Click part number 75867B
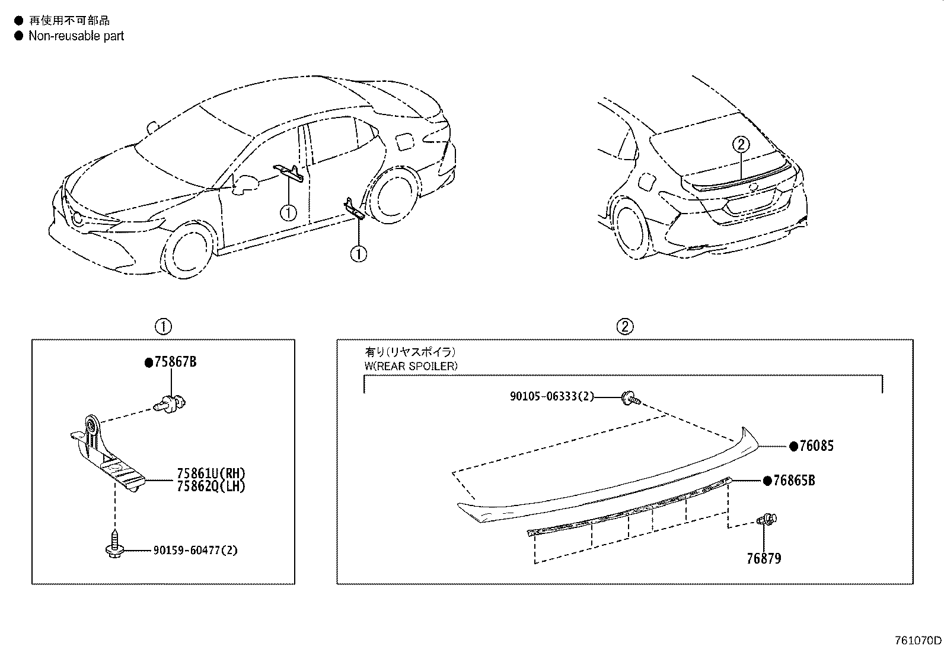(x=176, y=362)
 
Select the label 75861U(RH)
(x=211, y=473)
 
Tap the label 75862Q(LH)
(x=211, y=486)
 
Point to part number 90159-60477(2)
(x=195, y=551)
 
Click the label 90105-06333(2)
(x=551, y=396)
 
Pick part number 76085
(x=817, y=446)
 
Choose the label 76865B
(x=794, y=481)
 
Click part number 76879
(x=764, y=558)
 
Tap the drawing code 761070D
(x=918, y=641)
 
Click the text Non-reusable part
(x=76, y=36)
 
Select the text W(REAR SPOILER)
(x=411, y=366)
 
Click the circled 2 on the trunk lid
(x=741, y=145)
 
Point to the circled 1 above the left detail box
(x=164, y=326)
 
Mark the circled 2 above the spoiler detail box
(x=625, y=326)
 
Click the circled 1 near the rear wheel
(x=359, y=254)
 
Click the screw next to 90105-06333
(x=631, y=398)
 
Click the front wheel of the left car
(x=187, y=250)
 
